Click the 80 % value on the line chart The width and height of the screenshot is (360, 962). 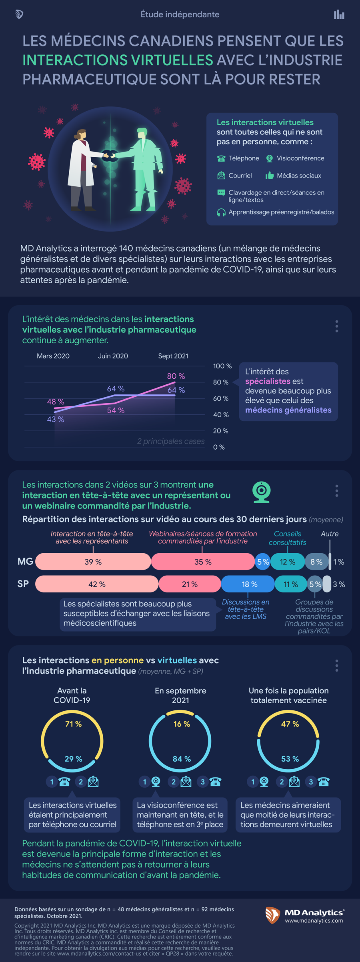pyautogui.click(x=176, y=376)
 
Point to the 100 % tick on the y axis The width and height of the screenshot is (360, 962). pyautogui.click(x=222, y=366)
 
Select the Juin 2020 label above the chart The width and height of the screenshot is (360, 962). pyautogui.click(x=113, y=356)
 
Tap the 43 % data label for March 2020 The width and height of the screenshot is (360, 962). pyautogui.click(x=56, y=419)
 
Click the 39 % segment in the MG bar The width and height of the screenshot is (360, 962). pyautogui.click(x=93, y=562)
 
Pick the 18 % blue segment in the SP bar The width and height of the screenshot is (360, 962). pyautogui.click(x=249, y=584)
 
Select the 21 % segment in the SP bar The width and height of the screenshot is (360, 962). pyautogui.click(x=190, y=584)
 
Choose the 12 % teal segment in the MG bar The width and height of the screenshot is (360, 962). pyautogui.click(x=287, y=562)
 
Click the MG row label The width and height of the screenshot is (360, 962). pyautogui.click(x=25, y=562)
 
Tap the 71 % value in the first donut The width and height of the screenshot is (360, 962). pyautogui.click(x=73, y=724)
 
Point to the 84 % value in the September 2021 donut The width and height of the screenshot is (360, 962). pyautogui.click(x=182, y=759)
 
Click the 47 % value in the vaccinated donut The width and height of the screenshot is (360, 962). pyautogui.click(x=290, y=724)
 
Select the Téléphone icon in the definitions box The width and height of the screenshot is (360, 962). pyautogui.click(x=221, y=158)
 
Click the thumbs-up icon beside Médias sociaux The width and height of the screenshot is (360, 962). pyautogui.click(x=270, y=175)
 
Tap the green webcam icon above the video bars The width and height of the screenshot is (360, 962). pyautogui.click(x=262, y=492)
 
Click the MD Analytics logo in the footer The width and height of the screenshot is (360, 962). pyautogui.click(x=304, y=915)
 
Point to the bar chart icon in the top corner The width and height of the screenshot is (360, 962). pyautogui.click(x=339, y=15)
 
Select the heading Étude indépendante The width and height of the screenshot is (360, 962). pyautogui.click(x=180, y=14)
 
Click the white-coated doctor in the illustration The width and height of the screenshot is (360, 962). pyautogui.click(x=82, y=168)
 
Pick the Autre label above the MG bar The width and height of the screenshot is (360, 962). pyautogui.click(x=330, y=534)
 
